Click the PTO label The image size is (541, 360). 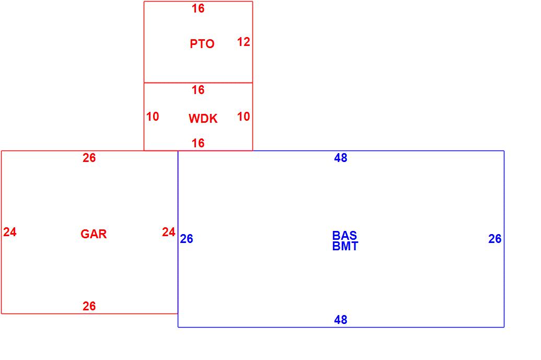(202, 44)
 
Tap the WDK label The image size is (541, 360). (203, 119)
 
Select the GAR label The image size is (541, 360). (94, 234)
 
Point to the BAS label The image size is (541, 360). (344, 236)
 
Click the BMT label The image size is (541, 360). (345, 247)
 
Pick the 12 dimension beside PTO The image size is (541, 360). (244, 42)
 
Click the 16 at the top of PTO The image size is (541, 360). (198, 8)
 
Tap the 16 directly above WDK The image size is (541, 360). (198, 90)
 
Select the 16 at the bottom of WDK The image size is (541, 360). (198, 143)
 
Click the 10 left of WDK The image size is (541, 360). (153, 117)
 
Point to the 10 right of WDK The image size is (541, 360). (244, 117)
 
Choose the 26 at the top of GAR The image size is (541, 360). (89, 158)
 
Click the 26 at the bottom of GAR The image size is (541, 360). (89, 306)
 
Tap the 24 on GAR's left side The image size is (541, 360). (10, 232)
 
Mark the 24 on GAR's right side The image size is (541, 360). (168, 232)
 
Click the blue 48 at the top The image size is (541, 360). (340, 158)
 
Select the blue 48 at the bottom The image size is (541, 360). (340, 320)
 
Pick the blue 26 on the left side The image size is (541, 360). (187, 239)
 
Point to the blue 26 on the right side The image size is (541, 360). (495, 239)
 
